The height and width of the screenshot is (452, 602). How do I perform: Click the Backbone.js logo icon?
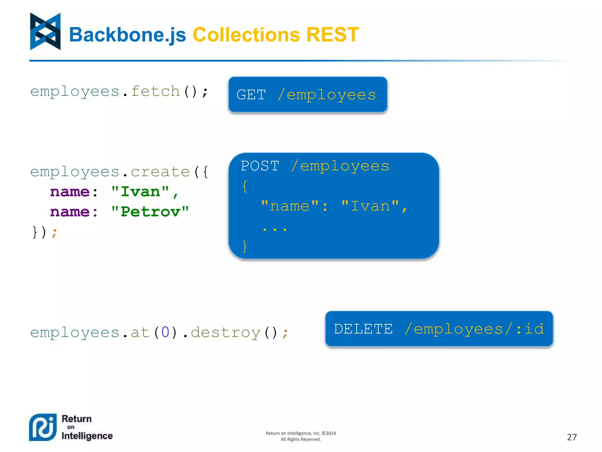click(45, 31)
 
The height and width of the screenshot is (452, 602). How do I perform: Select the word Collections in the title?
click(246, 35)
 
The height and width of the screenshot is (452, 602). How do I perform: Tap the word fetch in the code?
click(155, 91)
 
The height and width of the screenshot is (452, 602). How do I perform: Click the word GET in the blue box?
click(251, 95)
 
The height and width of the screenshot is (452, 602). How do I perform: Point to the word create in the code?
click(160, 172)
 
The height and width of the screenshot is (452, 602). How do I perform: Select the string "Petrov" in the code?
click(150, 212)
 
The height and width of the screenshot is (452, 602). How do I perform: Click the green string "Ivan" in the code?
click(141, 192)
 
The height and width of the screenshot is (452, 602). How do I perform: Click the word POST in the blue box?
click(260, 166)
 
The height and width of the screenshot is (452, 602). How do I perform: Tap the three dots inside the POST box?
click(275, 229)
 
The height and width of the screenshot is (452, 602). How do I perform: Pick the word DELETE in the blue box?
click(363, 329)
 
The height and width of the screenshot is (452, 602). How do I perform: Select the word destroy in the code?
click(225, 333)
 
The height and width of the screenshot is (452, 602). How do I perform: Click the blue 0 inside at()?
click(165, 333)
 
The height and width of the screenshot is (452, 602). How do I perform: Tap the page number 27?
click(572, 437)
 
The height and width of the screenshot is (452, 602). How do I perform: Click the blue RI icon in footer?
click(43, 427)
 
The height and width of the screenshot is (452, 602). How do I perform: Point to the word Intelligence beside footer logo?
click(87, 436)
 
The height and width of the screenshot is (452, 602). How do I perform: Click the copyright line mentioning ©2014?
click(301, 433)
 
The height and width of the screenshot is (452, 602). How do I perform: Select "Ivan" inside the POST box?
click(370, 206)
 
